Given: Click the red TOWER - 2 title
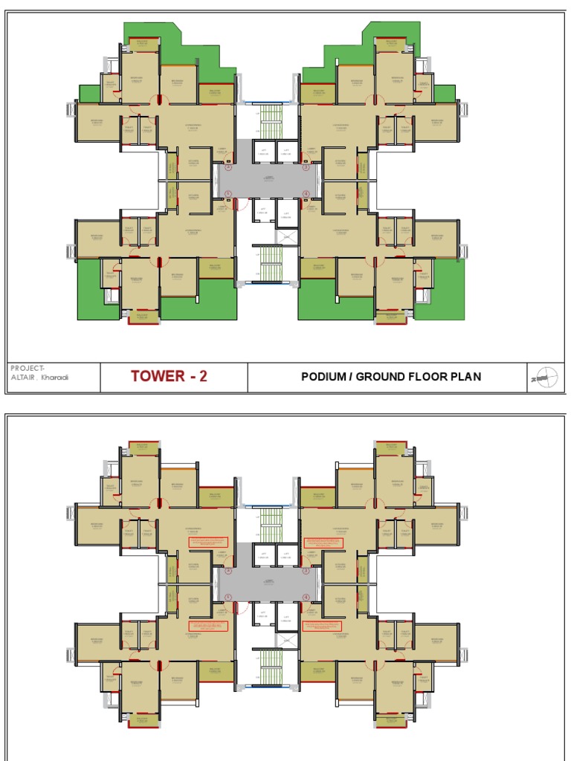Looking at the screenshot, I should click(170, 376).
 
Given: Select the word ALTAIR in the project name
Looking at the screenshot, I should click(22, 377).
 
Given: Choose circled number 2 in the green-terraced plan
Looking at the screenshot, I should click(228, 167).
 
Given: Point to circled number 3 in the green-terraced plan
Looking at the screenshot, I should click(306, 167).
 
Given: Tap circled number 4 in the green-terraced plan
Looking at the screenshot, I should click(306, 194).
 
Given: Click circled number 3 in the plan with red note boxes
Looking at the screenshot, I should click(306, 571).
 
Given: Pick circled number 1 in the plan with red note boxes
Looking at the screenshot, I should click(228, 597).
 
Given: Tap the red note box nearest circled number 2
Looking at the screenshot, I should click(210, 543).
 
